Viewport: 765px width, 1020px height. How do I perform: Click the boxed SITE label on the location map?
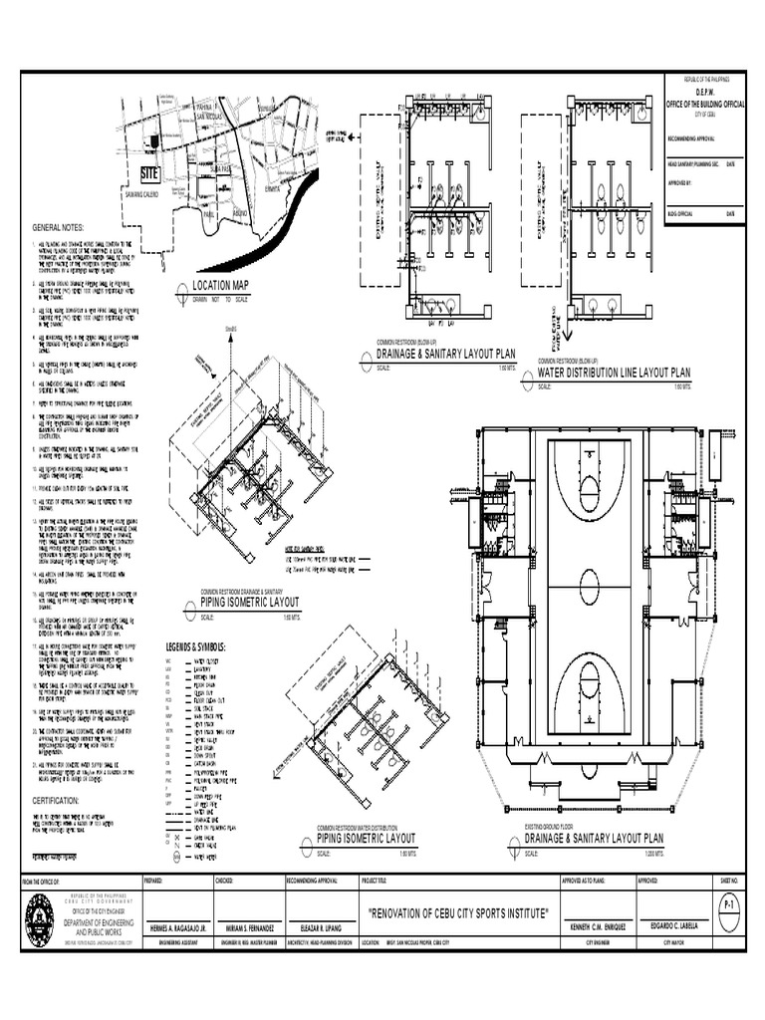[149, 174]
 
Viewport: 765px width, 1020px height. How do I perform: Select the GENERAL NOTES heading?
[59, 227]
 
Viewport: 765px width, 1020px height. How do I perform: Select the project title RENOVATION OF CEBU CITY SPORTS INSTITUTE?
[458, 913]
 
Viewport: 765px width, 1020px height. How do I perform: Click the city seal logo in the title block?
[40, 915]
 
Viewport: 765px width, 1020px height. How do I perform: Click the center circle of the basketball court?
[590, 581]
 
